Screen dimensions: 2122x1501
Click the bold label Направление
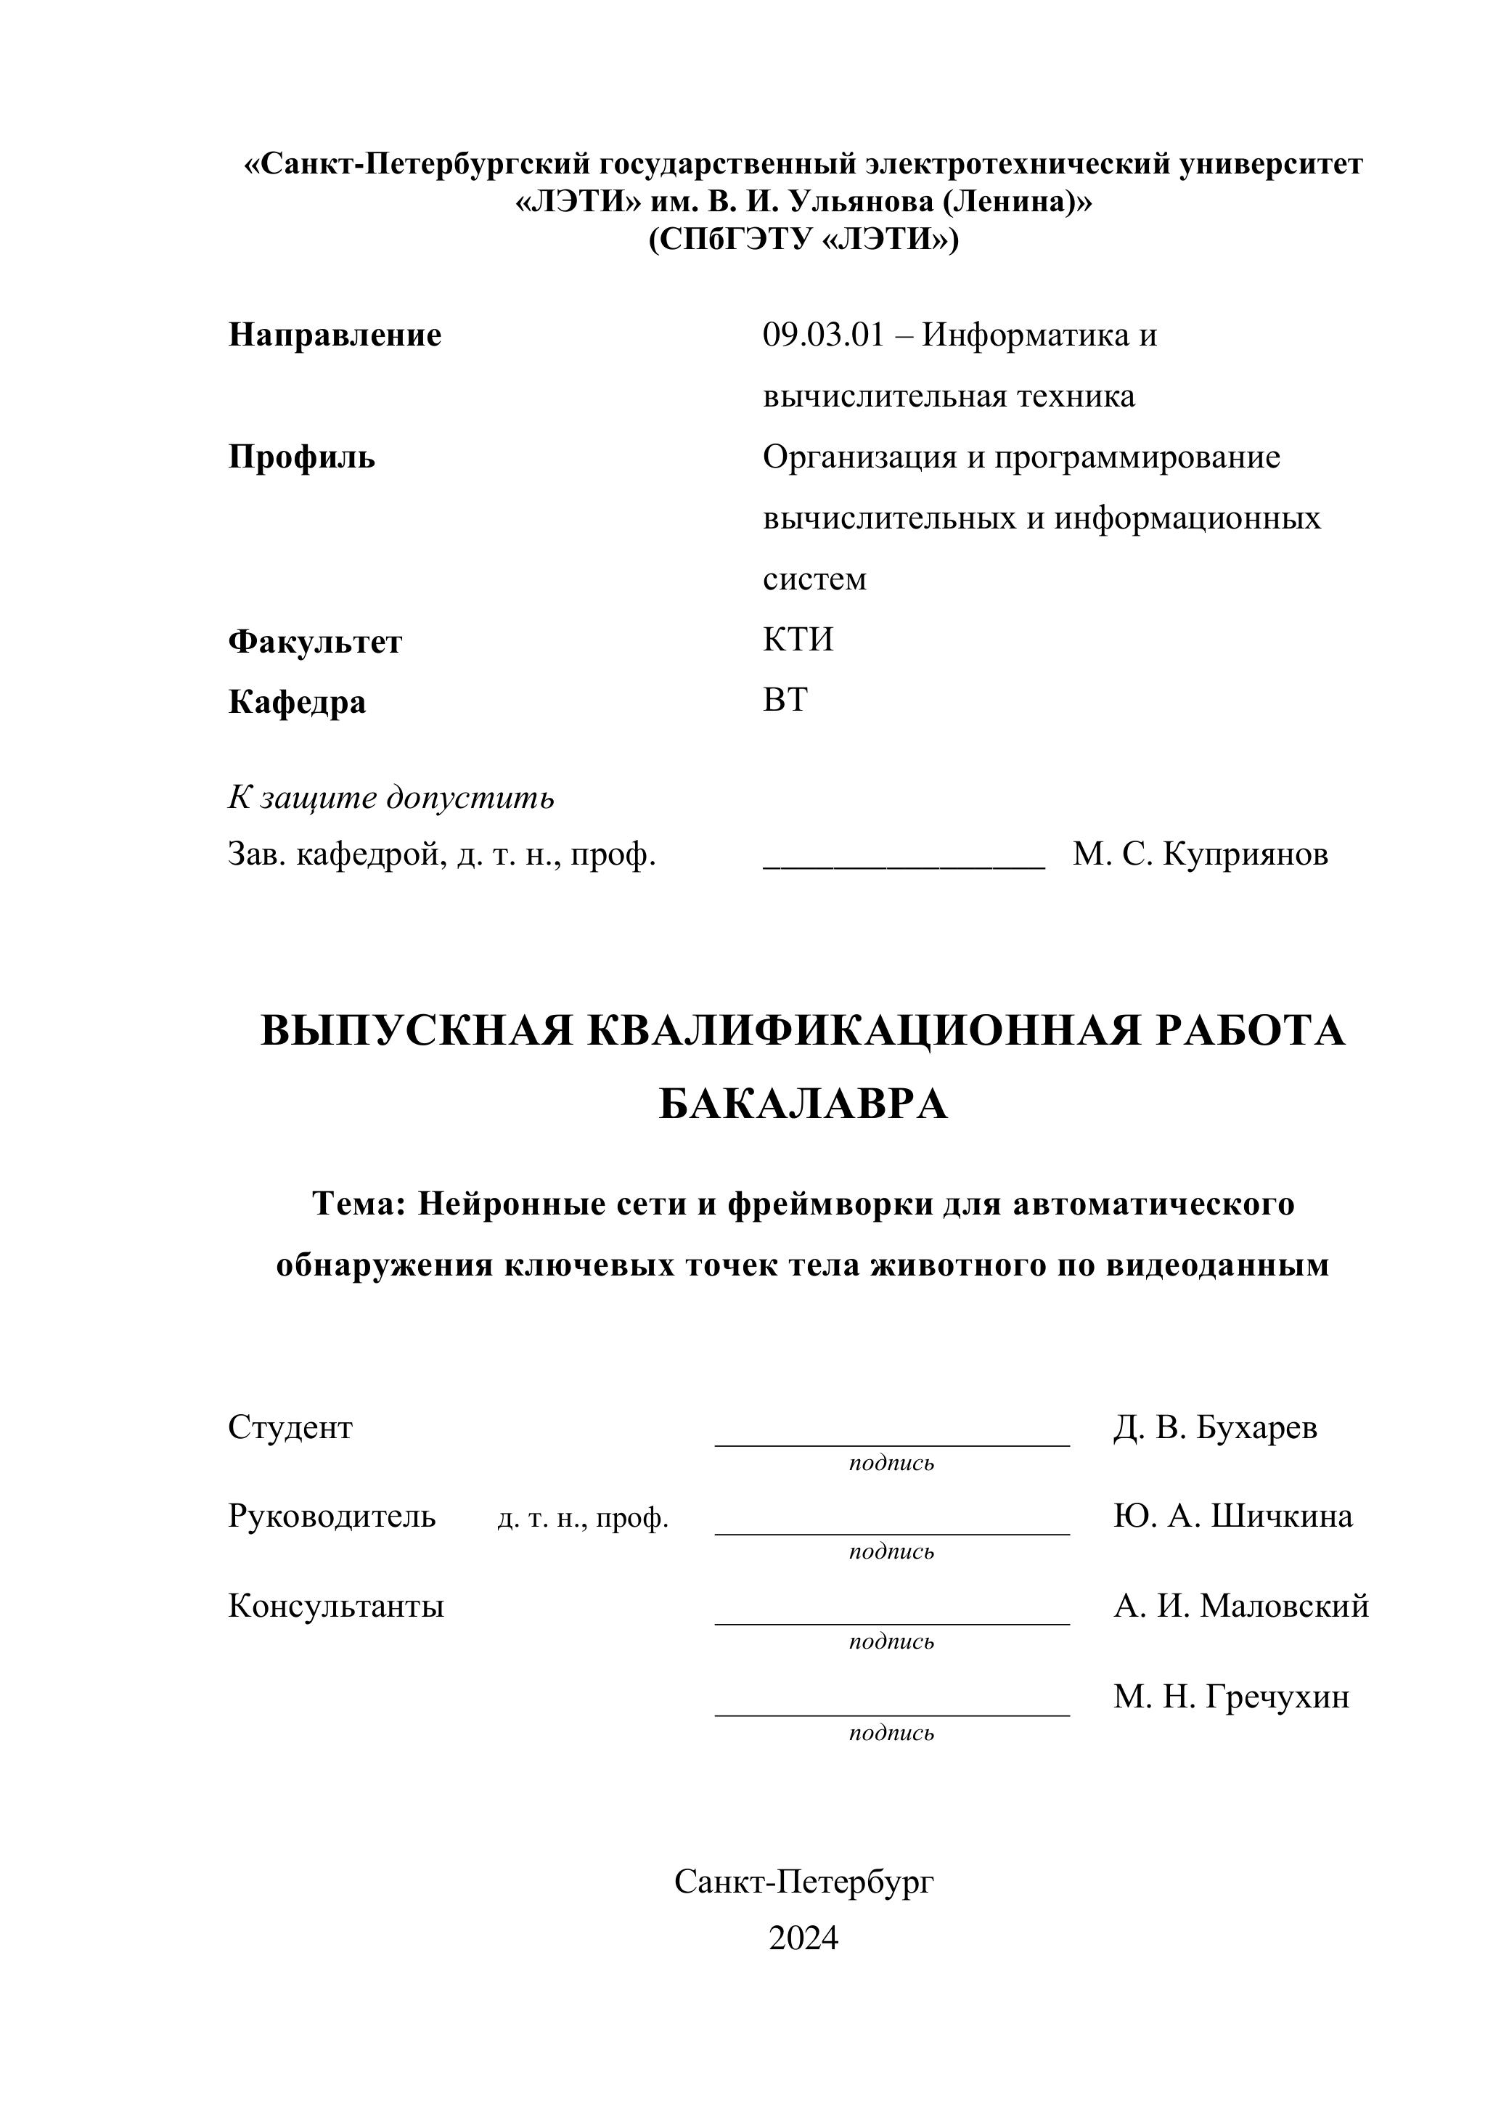(335, 335)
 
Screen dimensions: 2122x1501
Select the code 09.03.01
(822, 335)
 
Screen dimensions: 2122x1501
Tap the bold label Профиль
(301, 457)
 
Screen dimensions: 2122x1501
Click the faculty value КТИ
(798, 640)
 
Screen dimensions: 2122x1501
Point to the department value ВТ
(785, 701)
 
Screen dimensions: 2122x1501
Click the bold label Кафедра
(297, 703)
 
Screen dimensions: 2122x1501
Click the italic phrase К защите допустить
(391, 796)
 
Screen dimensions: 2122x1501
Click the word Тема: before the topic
(359, 1204)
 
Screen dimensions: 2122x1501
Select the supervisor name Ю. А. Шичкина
(1233, 1517)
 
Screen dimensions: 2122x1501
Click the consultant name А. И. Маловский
(1240, 1607)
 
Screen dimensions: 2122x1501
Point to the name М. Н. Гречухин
(1231, 1697)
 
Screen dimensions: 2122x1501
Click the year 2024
(803, 1938)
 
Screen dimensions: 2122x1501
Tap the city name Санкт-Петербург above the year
(803, 1881)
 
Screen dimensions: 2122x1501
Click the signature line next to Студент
(892, 1442)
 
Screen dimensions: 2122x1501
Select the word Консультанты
(335, 1607)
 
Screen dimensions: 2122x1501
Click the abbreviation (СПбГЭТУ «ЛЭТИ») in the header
(803, 240)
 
